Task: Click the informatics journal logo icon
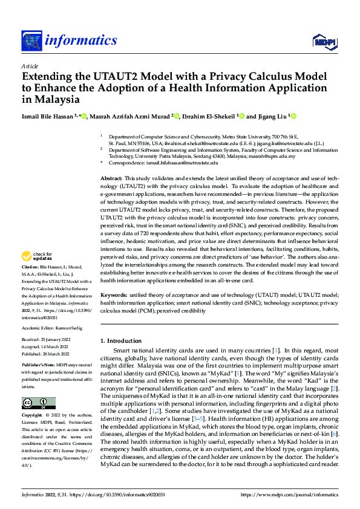tap(31, 41)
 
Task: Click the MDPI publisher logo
tap(322, 41)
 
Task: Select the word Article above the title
tap(30, 66)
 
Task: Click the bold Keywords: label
tap(114, 294)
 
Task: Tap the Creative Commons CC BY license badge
tap(38, 403)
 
